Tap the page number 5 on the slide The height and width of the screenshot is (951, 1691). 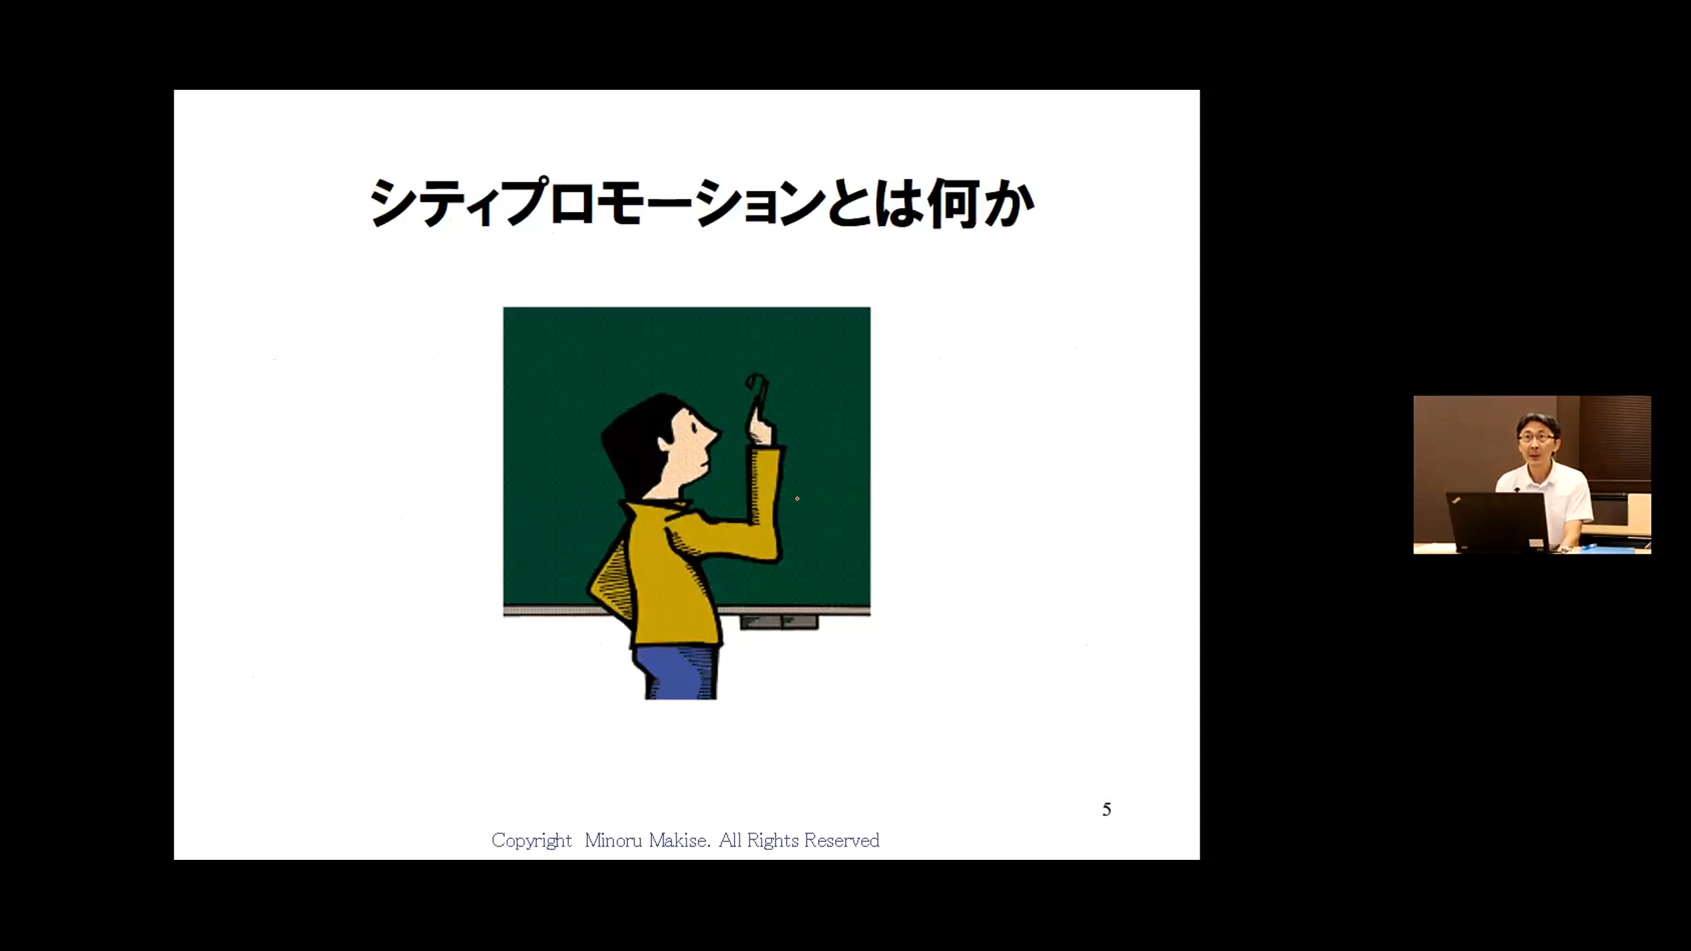pos(1106,810)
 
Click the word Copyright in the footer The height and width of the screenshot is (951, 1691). pos(531,841)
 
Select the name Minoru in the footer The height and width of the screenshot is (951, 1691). pos(613,840)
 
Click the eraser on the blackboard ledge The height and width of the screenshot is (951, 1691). pos(779,622)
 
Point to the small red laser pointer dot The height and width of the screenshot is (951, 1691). pos(797,499)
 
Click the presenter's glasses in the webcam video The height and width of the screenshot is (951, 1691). pos(1536,437)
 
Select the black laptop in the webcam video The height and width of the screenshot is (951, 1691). pos(1496,522)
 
